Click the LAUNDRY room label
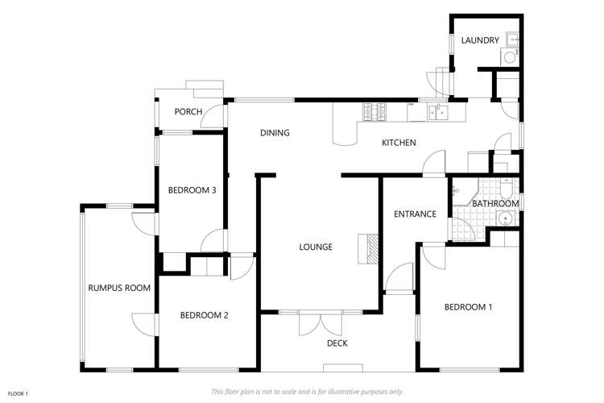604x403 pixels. (x=480, y=40)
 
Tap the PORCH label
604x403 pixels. (x=188, y=112)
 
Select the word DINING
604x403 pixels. (x=275, y=133)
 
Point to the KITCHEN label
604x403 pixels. (x=399, y=143)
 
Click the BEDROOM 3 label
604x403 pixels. (x=192, y=190)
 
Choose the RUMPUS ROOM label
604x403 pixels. (x=119, y=288)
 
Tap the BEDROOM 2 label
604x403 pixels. (x=205, y=315)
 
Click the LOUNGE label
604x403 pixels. (x=316, y=247)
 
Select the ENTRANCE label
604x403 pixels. (x=415, y=214)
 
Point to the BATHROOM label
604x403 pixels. (x=495, y=203)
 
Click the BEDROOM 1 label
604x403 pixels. (x=468, y=307)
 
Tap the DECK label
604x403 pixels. (x=337, y=343)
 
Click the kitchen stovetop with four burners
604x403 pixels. (x=374, y=111)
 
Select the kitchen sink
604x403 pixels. (x=437, y=112)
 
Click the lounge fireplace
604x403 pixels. (x=368, y=249)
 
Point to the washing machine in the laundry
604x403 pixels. (x=509, y=57)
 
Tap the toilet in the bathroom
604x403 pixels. (x=506, y=189)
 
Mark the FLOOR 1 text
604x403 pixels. (x=18, y=394)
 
